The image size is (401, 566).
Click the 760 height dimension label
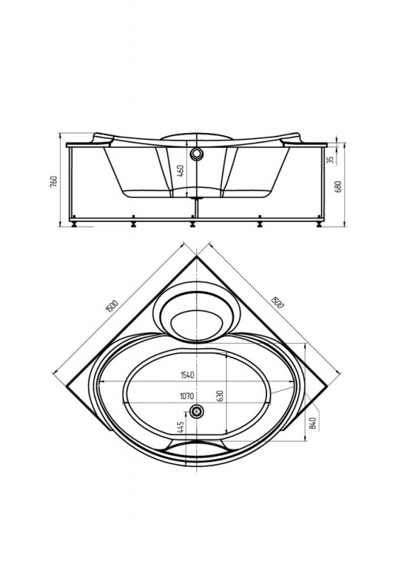pyautogui.click(x=54, y=182)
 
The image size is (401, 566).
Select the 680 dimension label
pyautogui.click(x=339, y=186)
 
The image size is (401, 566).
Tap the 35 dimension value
pyautogui.click(x=330, y=159)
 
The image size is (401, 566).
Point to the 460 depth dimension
pyautogui.click(x=181, y=171)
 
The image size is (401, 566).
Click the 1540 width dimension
pyautogui.click(x=187, y=375)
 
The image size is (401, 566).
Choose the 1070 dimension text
pyautogui.click(x=187, y=396)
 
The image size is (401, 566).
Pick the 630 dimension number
pyautogui.click(x=221, y=396)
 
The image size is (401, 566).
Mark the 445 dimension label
pyautogui.click(x=181, y=428)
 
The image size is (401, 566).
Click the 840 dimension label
pyautogui.click(x=313, y=422)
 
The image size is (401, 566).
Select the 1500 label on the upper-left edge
pyautogui.click(x=112, y=306)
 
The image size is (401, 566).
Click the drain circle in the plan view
pyautogui.click(x=196, y=411)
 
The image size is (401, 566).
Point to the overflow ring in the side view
pyautogui.click(x=196, y=154)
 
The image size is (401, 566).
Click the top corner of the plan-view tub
pyautogui.click(x=196, y=256)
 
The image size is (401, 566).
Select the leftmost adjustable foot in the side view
pyautogui.click(x=74, y=222)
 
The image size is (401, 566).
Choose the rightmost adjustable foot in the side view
pyautogui.click(x=320, y=222)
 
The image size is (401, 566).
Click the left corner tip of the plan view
pyautogui.click(x=67, y=386)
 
